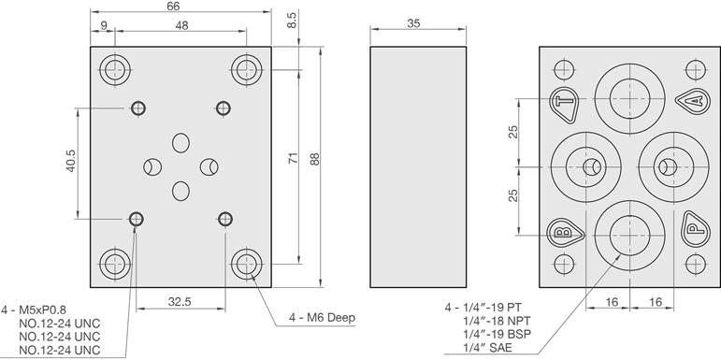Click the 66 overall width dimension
[x=173, y=6]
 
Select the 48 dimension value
[x=181, y=26]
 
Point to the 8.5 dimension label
[x=293, y=21]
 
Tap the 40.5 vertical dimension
[x=70, y=161]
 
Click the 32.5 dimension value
[x=180, y=302]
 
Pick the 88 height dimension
[x=314, y=159]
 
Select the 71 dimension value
[x=294, y=158]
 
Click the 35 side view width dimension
[x=414, y=24]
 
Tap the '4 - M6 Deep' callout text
[x=323, y=318]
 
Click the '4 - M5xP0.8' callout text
[x=36, y=310]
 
